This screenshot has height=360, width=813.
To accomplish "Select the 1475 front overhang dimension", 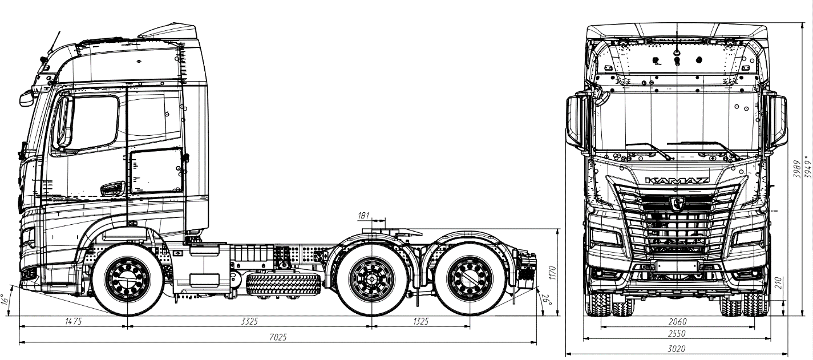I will pos(73,322).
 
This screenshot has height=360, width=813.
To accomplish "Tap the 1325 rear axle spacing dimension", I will pos(419,322).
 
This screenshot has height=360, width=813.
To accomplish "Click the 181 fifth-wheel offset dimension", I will pos(363,215).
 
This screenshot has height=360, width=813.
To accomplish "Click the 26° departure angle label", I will pos(543,298).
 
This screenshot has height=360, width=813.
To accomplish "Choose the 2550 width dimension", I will pos(677,334).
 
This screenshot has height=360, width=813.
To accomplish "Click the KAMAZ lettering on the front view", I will pos(677,181).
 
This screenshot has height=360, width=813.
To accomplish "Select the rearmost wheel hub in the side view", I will pos(470,280).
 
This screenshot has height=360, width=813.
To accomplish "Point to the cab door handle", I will pos(112,187).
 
